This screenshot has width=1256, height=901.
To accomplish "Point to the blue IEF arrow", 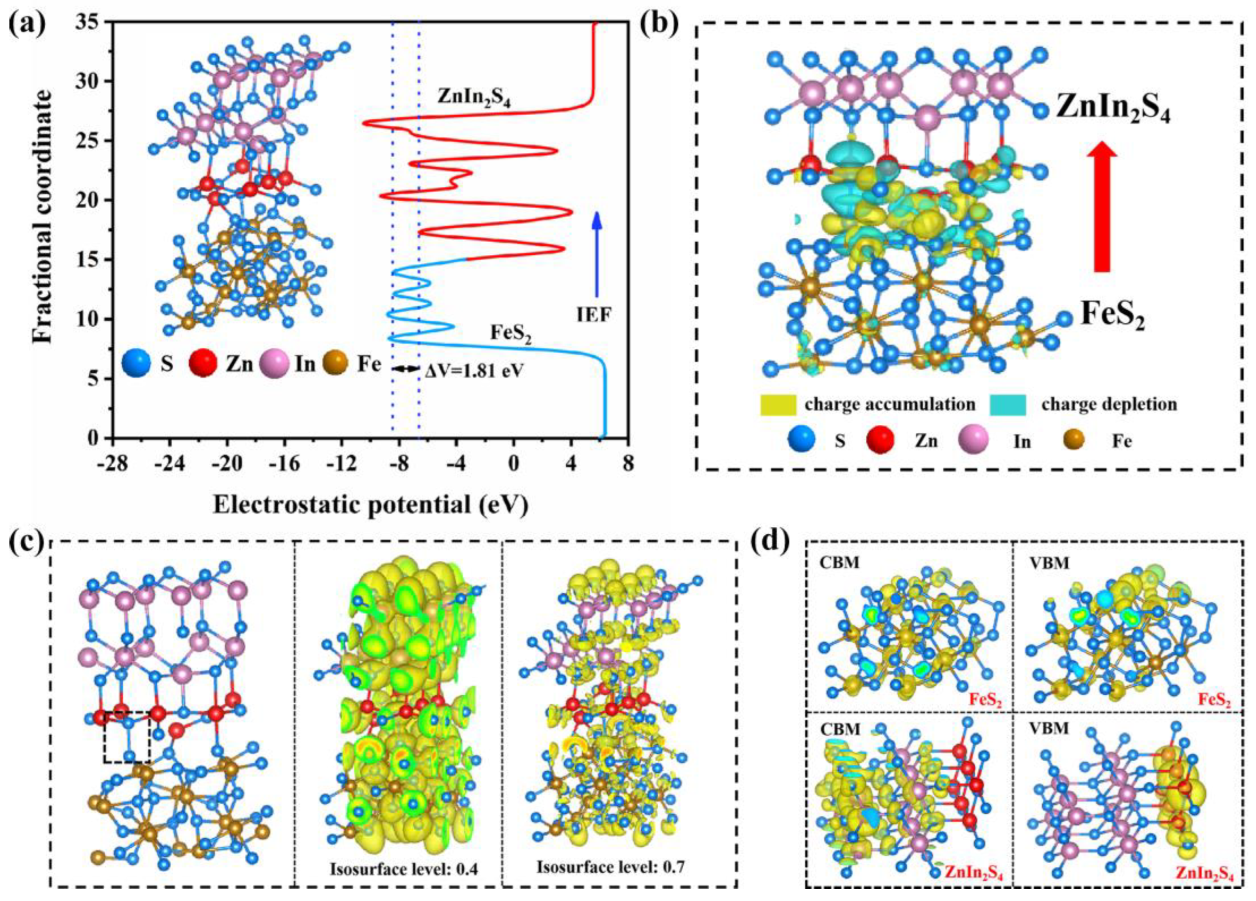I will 596,254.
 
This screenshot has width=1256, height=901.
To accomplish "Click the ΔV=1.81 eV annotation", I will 474,370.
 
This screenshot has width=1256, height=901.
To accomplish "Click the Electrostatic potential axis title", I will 370,505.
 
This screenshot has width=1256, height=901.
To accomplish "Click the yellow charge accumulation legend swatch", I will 778,404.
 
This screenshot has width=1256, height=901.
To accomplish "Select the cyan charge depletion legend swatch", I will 1007,404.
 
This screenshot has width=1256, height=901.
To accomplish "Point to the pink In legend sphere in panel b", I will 973,440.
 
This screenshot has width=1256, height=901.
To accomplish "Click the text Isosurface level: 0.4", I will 404,869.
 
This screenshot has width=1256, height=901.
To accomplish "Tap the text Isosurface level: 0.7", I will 611,867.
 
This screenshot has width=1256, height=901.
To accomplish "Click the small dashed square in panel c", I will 127,736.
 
